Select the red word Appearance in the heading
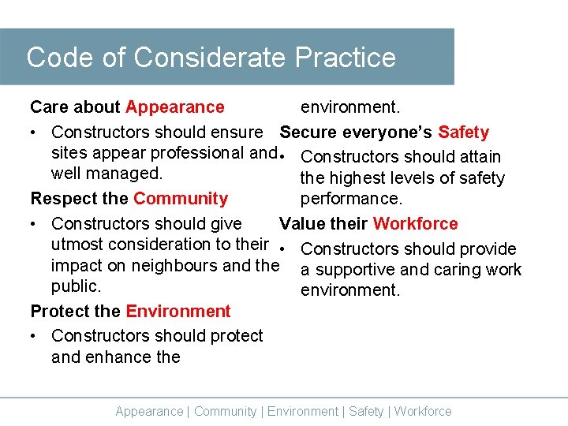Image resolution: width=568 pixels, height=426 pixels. pyautogui.click(x=175, y=106)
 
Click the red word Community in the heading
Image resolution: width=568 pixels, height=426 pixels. pyautogui.click(x=181, y=198)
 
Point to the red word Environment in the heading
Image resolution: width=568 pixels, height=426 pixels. pyautogui.click(x=178, y=311)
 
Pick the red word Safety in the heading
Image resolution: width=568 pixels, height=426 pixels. pyautogui.click(x=464, y=133)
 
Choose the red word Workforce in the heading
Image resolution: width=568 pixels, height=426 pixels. pyautogui.click(x=415, y=223)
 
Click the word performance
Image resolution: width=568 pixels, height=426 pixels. pyautogui.click(x=351, y=198)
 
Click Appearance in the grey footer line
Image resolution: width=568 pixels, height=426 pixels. pyautogui.click(x=149, y=411)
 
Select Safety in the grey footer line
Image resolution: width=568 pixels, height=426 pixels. pyautogui.click(x=366, y=411)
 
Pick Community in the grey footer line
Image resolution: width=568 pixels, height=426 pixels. pyautogui.click(x=225, y=411)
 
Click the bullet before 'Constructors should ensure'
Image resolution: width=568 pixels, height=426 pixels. pyautogui.click(x=34, y=133)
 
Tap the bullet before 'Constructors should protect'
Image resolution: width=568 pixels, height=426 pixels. pyautogui.click(x=34, y=336)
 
